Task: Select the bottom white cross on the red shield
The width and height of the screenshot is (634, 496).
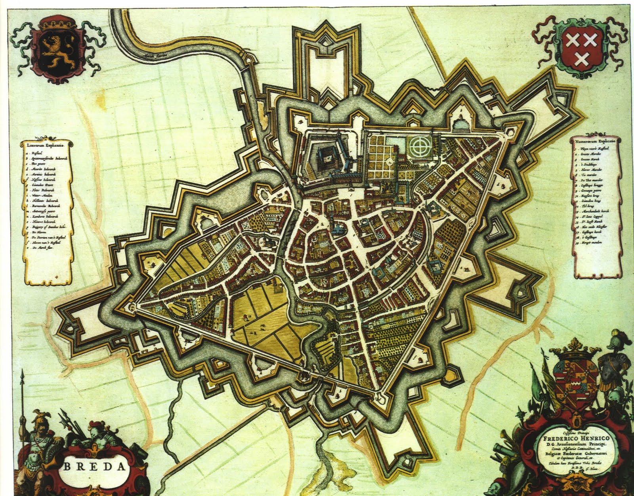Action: pyautogui.click(x=581, y=59)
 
